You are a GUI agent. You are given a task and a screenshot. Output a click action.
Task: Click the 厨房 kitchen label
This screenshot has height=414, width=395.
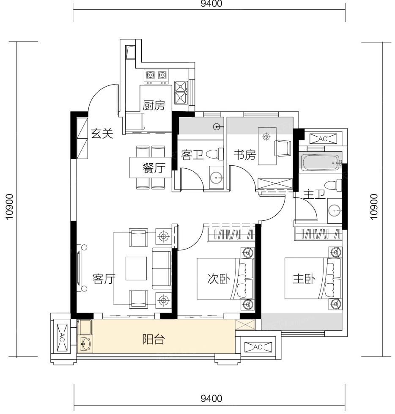point(154,105)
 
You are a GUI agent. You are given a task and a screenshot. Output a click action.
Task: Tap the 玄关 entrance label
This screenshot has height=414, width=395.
point(102,134)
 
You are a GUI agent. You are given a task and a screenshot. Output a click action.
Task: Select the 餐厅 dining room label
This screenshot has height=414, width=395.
point(154,168)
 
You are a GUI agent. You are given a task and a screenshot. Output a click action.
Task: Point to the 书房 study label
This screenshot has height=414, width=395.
point(245,155)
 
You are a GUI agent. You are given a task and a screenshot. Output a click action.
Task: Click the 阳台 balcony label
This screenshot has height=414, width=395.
point(154,339)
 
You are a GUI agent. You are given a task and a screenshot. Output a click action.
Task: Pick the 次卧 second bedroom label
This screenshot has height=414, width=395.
point(219,279)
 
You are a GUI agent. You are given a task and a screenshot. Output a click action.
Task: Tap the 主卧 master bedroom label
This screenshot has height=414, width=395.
point(304,279)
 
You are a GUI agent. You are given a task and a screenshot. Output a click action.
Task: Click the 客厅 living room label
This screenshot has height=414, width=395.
point(104,279)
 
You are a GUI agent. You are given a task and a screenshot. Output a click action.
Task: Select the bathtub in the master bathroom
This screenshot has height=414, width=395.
point(321,163)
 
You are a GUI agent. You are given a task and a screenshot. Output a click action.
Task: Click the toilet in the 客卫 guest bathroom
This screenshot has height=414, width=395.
point(215,154)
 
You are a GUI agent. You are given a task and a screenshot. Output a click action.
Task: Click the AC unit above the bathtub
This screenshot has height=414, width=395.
point(323,139)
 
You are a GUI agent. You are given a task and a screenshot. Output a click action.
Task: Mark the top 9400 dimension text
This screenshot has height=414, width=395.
point(211,4)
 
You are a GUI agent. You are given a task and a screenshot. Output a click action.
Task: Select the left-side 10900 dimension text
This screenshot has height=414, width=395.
point(9,207)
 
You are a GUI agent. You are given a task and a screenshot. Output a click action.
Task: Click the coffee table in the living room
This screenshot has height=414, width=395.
point(136,268)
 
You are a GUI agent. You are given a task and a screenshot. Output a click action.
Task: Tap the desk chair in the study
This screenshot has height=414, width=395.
point(283,148)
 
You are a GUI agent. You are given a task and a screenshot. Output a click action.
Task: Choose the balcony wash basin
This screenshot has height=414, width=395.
point(85,344)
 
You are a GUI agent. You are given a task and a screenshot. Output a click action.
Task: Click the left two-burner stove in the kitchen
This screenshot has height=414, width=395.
point(156,75)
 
